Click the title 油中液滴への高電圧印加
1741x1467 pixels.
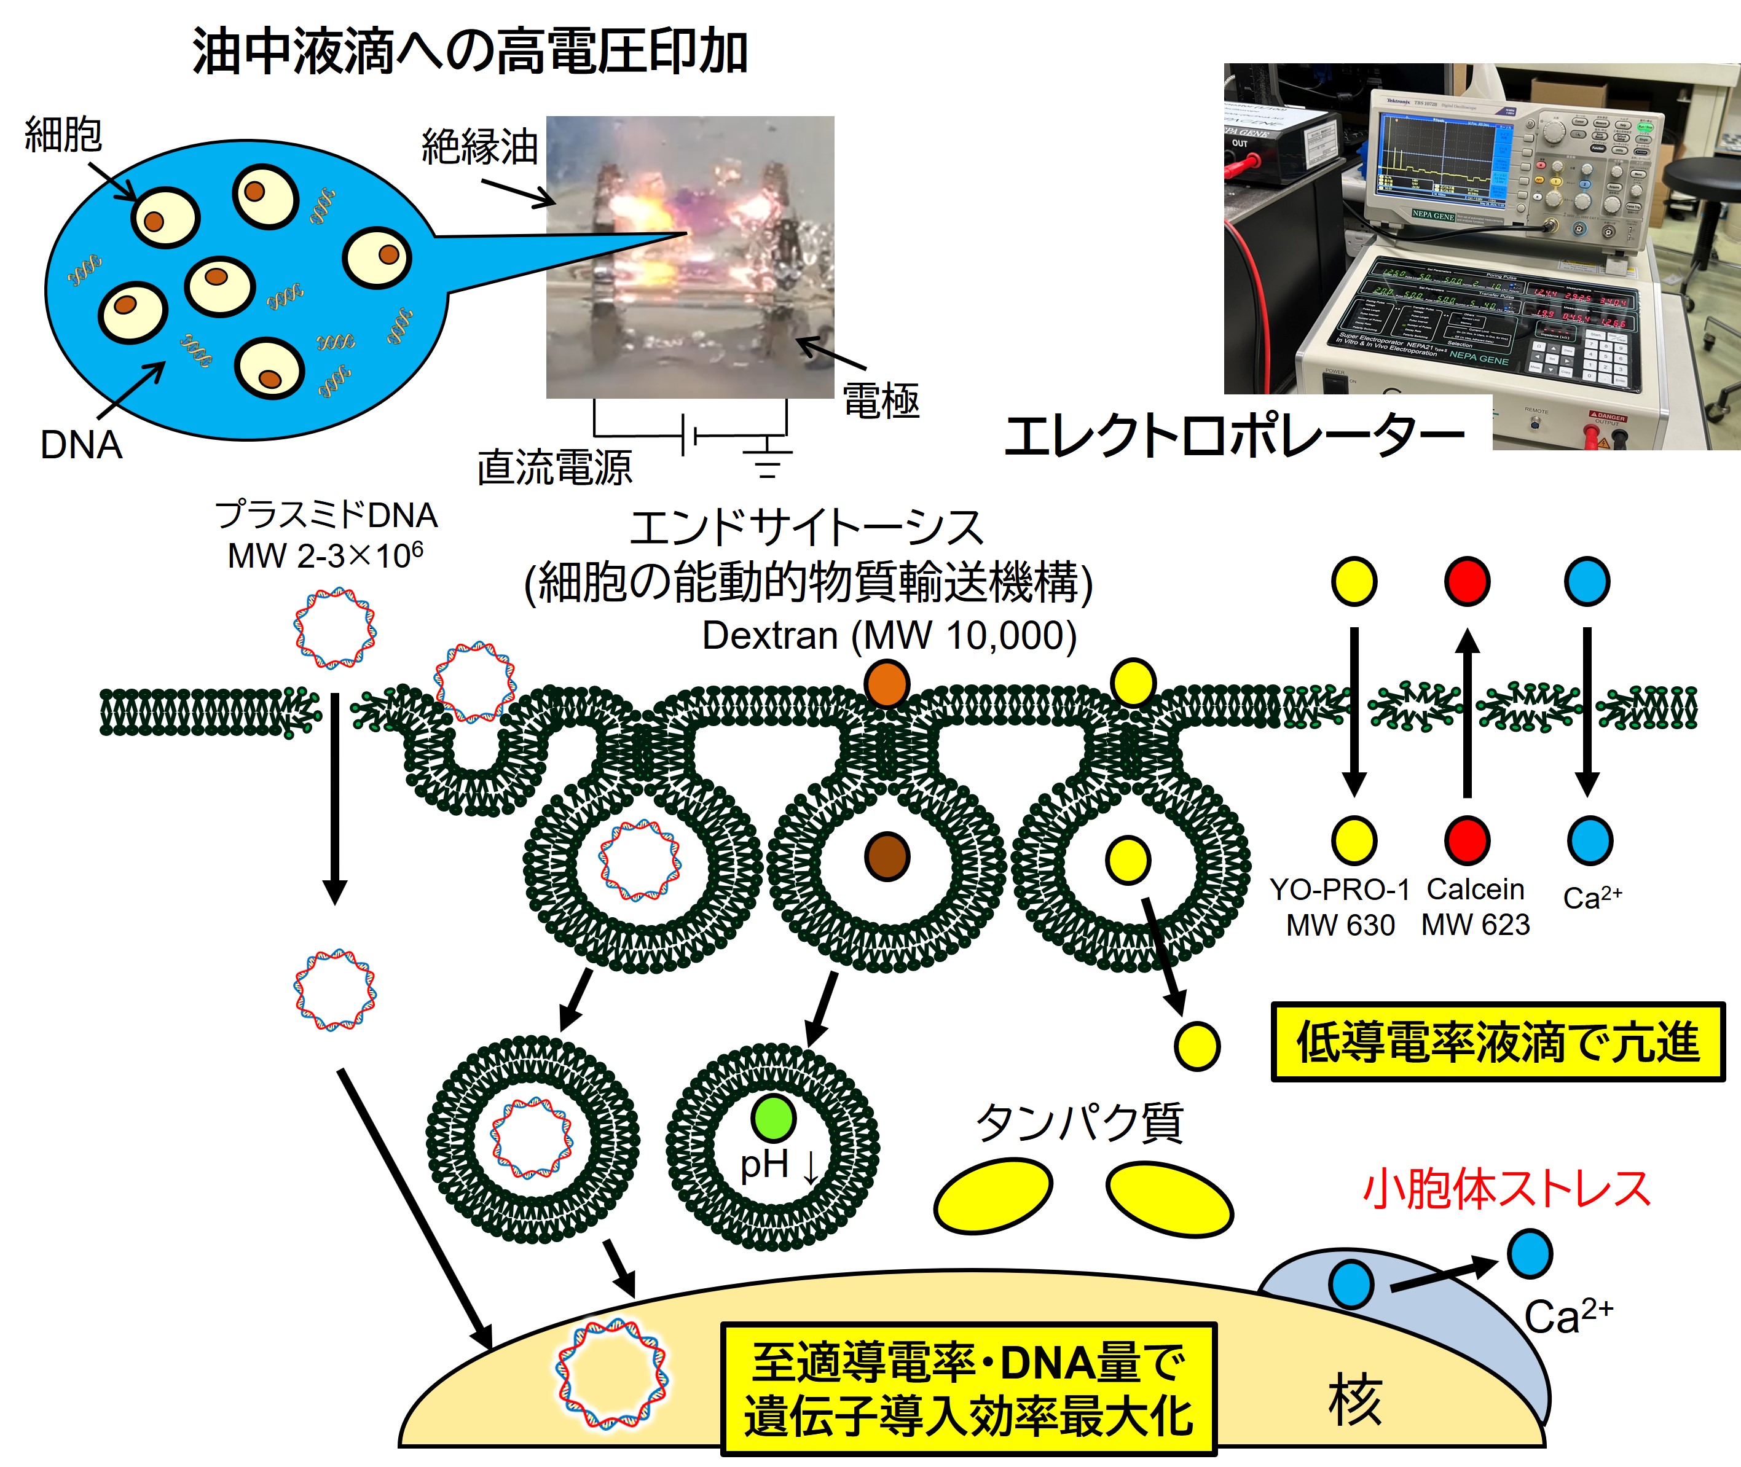[470, 52]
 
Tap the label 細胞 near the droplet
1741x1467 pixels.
[63, 135]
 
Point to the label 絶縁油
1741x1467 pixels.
[480, 147]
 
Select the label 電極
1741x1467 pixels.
[881, 402]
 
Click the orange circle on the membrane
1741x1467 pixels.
[887, 684]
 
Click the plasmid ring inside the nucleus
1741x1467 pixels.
[611, 1375]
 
